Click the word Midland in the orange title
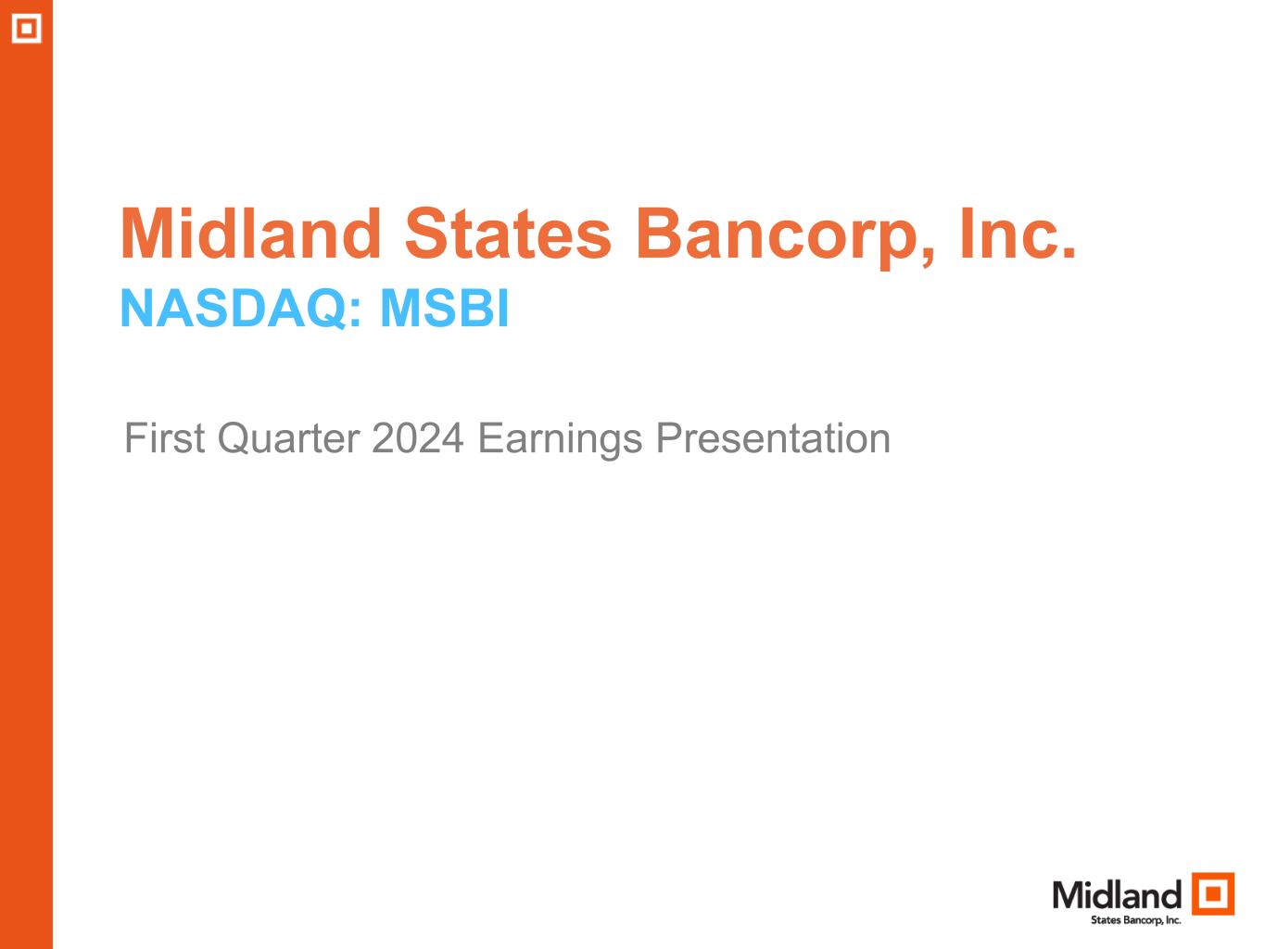click(x=251, y=234)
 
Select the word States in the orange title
click(x=507, y=234)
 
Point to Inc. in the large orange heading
click(x=1018, y=234)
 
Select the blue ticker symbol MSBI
click(x=444, y=309)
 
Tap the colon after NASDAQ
click(x=355, y=314)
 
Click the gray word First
click(x=165, y=438)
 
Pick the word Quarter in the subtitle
click(x=289, y=439)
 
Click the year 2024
click(x=418, y=438)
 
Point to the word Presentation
click(x=773, y=438)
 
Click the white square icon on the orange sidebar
click(x=27, y=28)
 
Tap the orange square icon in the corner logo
click(x=1212, y=893)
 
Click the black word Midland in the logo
click(x=1117, y=895)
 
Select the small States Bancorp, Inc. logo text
click(x=1135, y=920)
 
